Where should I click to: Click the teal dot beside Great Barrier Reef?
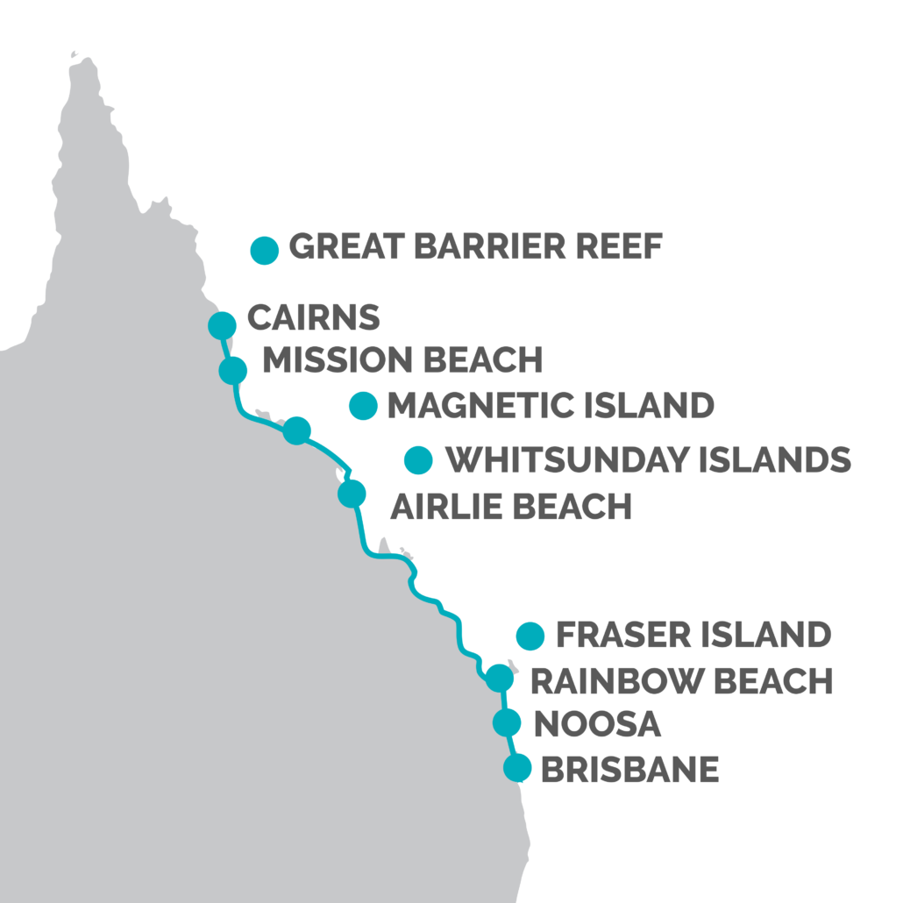click(264, 250)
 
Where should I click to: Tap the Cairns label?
click(314, 318)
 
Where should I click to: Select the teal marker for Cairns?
click(223, 324)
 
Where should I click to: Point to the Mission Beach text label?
click(403, 360)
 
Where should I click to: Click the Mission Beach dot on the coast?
click(233, 370)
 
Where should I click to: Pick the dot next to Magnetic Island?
click(363, 406)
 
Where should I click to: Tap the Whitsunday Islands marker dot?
click(418, 459)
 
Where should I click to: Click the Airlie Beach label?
click(510, 507)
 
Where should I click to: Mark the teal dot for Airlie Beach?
click(352, 494)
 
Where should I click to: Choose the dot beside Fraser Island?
click(530, 636)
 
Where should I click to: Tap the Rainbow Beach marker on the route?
click(499, 678)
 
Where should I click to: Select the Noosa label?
click(597, 725)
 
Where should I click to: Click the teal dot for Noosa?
click(507, 723)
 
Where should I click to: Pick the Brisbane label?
click(630, 770)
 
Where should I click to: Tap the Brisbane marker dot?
click(518, 768)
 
